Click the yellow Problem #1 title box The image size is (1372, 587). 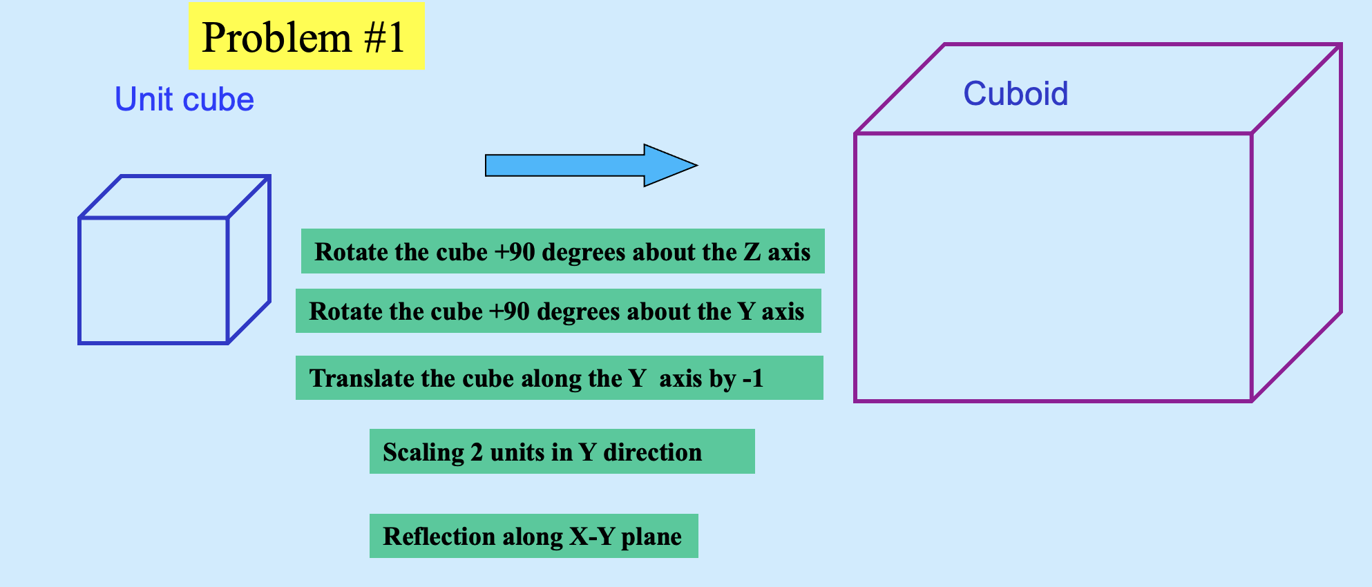pyautogui.click(x=307, y=36)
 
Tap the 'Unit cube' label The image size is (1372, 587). pyautogui.click(x=184, y=99)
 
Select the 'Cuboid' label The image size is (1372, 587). pyautogui.click(x=1016, y=94)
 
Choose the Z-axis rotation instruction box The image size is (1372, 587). pyautogui.click(x=562, y=251)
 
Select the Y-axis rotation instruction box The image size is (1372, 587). pyautogui.click(x=558, y=311)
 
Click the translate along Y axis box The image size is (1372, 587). pyautogui.click(x=559, y=378)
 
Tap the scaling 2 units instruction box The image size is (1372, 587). pyautogui.click(x=562, y=452)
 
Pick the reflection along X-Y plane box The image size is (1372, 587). pyautogui.click(x=533, y=536)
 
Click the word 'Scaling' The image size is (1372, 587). pyautogui.click(x=423, y=452)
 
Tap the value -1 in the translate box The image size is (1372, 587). pyautogui.click(x=752, y=378)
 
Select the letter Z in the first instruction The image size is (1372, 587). pyautogui.click(x=752, y=252)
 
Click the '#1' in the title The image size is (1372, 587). pyautogui.click(x=384, y=37)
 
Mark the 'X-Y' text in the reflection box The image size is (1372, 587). pyautogui.click(x=592, y=537)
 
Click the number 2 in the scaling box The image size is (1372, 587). pyautogui.click(x=477, y=452)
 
